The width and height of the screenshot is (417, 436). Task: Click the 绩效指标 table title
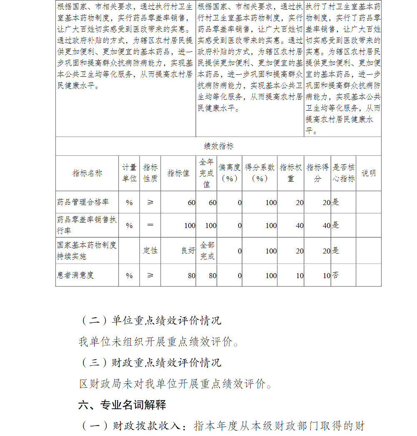click(219, 147)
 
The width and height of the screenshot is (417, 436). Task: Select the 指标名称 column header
click(87, 173)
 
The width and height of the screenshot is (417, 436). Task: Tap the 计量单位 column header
click(129, 173)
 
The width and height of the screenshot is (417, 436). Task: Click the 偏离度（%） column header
click(229, 173)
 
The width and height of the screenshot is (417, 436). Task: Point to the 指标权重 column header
click(291, 173)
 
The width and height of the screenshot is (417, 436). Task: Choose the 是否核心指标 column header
click(344, 173)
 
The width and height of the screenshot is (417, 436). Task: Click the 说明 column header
click(369, 173)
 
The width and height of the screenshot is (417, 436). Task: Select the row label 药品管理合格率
click(83, 203)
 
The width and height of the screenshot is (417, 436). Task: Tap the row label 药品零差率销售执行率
click(87, 225)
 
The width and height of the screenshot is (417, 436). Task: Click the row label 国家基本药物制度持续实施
click(87, 251)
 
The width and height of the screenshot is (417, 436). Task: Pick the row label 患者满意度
click(75, 275)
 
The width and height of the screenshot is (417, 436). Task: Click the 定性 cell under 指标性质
click(151, 251)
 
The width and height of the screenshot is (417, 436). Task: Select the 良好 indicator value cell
click(188, 251)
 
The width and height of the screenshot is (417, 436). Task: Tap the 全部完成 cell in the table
click(207, 251)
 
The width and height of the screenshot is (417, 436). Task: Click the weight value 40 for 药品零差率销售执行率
click(299, 226)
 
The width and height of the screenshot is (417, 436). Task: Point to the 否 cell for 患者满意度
click(335, 275)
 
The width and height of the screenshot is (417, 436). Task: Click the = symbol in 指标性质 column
click(151, 225)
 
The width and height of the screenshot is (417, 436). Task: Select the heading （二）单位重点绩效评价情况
click(150, 321)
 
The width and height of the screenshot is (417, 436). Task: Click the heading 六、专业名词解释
click(122, 405)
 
